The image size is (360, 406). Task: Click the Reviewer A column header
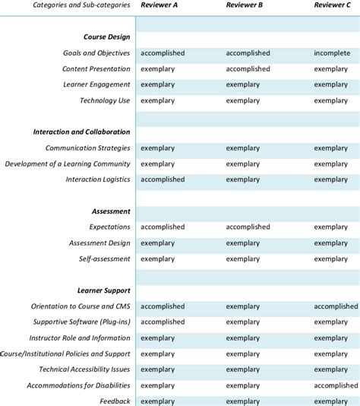pyautogui.click(x=159, y=5)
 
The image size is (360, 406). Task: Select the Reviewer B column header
pyautogui.click(x=245, y=5)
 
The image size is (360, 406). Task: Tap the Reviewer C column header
pyautogui.click(x=332, y=5)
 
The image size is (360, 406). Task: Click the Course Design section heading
pyautogui.click(x=106, y=36)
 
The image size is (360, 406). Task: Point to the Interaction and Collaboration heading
pyautogui.click(x=81, y=132)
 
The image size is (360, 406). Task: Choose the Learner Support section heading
pyautogui.click(x=103, y=290)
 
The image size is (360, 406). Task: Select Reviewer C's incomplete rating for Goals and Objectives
pyautogui.click(x=332, y=53)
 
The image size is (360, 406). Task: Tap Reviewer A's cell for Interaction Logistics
pyautogui.click(x=163, y=179)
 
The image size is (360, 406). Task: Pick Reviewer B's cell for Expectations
pyautogui.click(x=248, y=227)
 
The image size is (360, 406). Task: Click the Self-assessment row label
pyautogui.click(x=105, y=259)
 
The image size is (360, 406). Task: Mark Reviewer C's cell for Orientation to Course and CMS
pyautogui.click(x=336, y=306)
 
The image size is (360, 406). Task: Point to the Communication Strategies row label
pyautogui.click(x=87, y=148)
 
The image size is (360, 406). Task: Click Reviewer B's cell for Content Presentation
pyautogui.click(x=248, y=68)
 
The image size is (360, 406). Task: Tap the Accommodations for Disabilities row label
pyautogui.click(x=78, y=385)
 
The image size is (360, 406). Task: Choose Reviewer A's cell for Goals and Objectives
pyautogui.click(x=163, y=53)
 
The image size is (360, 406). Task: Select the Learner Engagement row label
pyautogui.click(x=96, y=84)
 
